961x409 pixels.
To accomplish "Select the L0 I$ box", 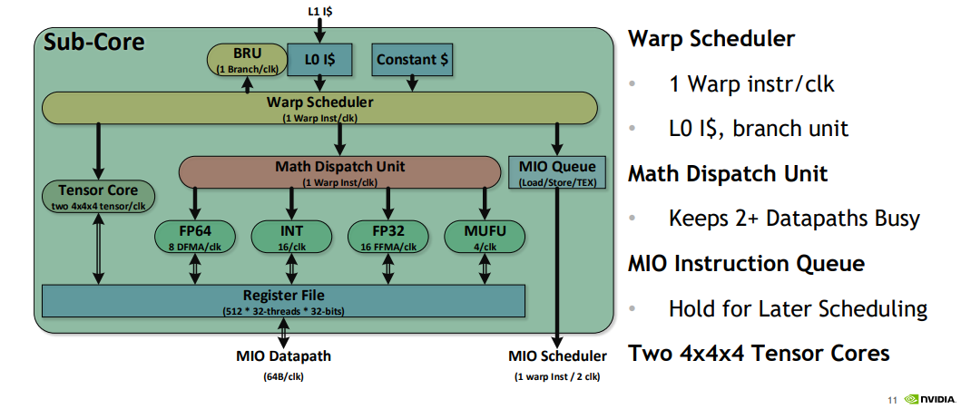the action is click(320, 59).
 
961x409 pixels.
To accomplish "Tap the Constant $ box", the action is click(412, 59).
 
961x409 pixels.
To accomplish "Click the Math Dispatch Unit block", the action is click(339, 171).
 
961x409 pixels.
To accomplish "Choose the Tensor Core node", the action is click(98, 196).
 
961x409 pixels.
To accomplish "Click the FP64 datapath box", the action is click(195, 237).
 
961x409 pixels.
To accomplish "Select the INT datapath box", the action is click(291, 237).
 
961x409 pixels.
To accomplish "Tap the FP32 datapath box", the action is click(388, 237).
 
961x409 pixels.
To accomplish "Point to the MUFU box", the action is click(485, 237).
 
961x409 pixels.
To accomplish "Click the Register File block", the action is click(283, 301).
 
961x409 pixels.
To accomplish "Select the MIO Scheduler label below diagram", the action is click(558, 356).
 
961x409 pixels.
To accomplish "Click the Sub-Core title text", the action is click(94, 43).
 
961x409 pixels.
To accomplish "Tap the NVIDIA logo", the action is click(929, 399).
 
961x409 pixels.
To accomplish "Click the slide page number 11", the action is click(892, 400).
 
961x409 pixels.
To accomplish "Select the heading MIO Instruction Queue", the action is click(747, 265).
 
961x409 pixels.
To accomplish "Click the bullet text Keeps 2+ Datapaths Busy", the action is click(795, 219).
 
